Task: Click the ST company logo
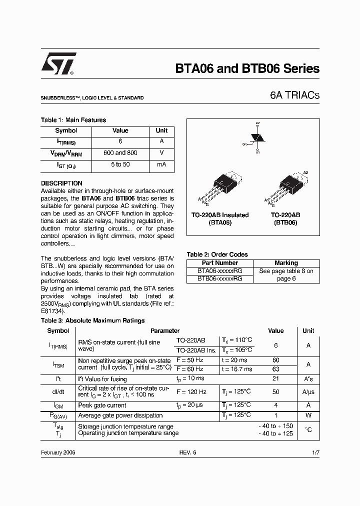[x=58, y=64]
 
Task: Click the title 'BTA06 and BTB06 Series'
[x=247, y=69]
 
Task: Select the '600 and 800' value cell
[x=120, y=153]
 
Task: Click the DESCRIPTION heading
[x=61, y=183]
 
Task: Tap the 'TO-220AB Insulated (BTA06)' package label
[x=220, y=219]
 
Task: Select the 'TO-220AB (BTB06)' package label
[x=285, y=219]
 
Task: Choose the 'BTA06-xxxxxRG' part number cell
[x=219, y=271]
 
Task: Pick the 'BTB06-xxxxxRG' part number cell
[x=219, y=278]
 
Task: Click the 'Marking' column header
[x=286, y=263]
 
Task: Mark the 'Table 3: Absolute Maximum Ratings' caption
[x=92, y=320]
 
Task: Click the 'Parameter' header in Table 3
[x=165, y=331]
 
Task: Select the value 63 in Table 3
[x=275, y=369]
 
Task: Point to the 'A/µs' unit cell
[x=308, y=392]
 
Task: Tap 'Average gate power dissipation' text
[x=120, y=415]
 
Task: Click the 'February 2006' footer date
[x=58, y=452]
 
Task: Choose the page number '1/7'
[x=315, y=452]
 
